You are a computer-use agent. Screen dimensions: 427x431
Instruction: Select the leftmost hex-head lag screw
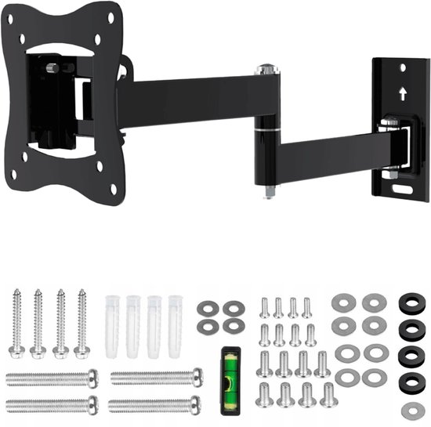pos(16,323)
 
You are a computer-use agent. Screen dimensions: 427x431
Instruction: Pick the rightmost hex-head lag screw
pos(81,323)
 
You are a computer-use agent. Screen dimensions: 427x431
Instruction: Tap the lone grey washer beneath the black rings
pos(412,410)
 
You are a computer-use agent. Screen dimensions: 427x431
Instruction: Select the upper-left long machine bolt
pos(52,378)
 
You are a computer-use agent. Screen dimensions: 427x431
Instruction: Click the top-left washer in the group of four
pos(207,308)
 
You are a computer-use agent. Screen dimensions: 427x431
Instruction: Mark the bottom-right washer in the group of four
pos(233,325)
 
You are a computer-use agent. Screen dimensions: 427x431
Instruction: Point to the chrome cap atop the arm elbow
pos(267,70)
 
